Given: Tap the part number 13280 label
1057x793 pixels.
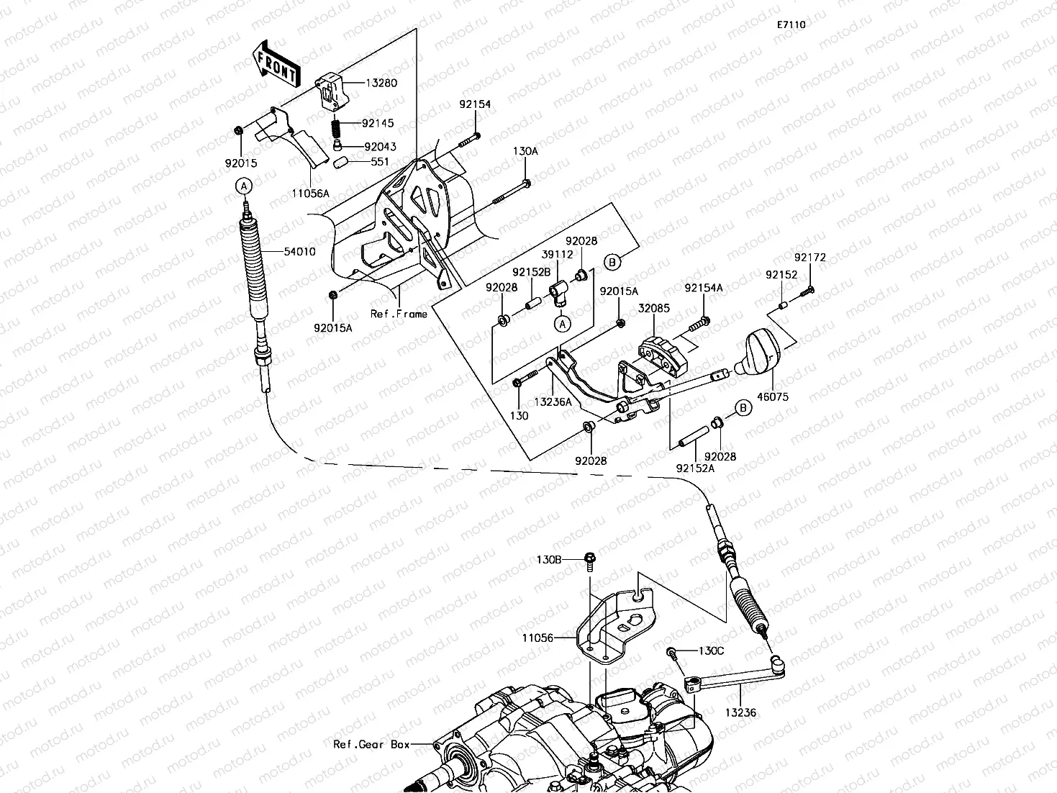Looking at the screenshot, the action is point(381,83).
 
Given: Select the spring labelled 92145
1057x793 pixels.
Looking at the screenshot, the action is point(337,127).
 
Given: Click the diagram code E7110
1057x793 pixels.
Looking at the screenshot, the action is point(791,24).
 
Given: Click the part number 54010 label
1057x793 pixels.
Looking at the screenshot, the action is point(299,251).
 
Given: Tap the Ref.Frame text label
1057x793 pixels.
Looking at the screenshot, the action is point(399,314).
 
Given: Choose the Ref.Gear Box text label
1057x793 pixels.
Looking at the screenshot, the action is point(371,744).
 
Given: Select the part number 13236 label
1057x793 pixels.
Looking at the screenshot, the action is point(740,712).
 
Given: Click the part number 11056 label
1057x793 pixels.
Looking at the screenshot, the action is point(538,638).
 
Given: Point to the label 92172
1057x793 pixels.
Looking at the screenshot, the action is point(810,258).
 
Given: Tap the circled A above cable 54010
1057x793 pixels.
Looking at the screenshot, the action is point(244,186).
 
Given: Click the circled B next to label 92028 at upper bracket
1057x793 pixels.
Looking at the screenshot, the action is point(612,263).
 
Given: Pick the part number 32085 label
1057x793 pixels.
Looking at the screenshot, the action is point(654,308).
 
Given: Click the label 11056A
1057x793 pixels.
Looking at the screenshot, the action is point(311,194).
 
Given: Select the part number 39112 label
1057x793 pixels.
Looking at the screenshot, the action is point(558,254).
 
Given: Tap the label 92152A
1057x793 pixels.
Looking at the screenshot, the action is point(695,468).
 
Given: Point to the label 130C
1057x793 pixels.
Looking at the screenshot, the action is point(711,651).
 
